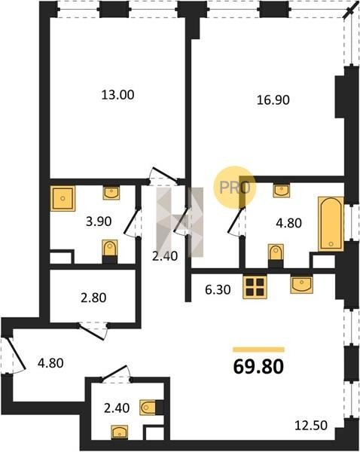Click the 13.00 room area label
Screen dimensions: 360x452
pos(118,95)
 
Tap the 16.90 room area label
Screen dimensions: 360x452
pos(273,100)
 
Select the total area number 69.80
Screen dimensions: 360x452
pos(258,367)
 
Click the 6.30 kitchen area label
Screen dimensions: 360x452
pos(218,290)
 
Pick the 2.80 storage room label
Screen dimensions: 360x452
pos(93,298)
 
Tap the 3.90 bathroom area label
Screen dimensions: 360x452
pos(99,221)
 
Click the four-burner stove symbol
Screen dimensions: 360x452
pos(255,286)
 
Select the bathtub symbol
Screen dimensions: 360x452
pos(331,224)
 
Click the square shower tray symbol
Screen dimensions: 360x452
pos(63,198)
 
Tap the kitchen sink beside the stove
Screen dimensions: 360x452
pos(301,284)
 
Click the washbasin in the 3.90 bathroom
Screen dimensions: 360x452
pos(111,193)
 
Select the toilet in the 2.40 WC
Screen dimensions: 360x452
pos(151,407)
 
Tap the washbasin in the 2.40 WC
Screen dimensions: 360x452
pos(119,432)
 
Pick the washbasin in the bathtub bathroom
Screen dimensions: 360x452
pos(282,191)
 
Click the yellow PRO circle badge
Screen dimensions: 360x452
pos(234,188)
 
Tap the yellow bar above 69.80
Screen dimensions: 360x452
pos(258,350)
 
